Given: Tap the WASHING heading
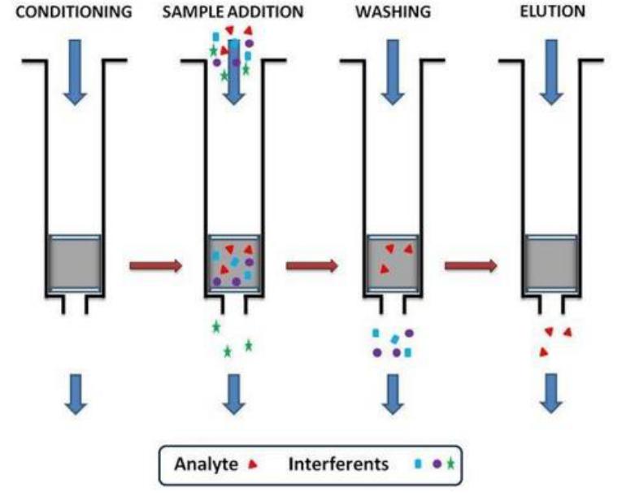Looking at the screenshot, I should point(393,13).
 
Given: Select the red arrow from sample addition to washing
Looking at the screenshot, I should point(312,264).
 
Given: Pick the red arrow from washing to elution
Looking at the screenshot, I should point(471,264).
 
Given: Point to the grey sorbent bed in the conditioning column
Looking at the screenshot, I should point(75,264).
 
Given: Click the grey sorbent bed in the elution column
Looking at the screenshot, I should point(552,264).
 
